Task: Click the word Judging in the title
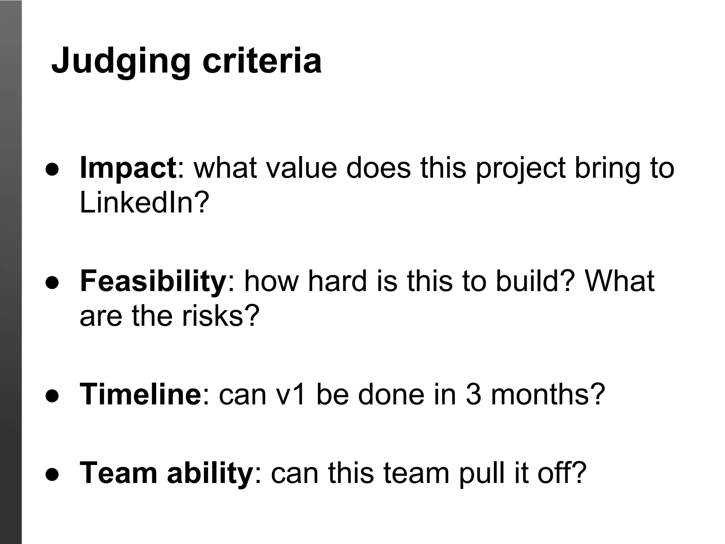(121, 61)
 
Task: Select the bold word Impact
(128, 168)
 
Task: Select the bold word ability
(209, 473)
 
